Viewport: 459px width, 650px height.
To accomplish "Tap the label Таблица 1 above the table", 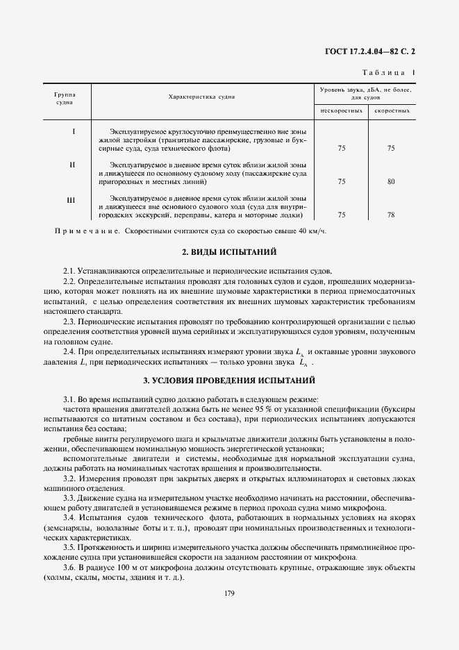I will click(389, 73).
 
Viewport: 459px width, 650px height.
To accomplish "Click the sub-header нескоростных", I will click(341, 110).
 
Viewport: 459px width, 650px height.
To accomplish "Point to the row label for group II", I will click(73, 165).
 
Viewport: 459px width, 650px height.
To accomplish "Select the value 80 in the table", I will click(391, 182).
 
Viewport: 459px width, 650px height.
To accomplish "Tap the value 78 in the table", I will click(391, 215).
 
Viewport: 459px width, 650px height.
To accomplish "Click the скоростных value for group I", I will click(391, 148).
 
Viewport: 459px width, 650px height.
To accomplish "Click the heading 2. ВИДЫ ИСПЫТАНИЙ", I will click(229, 251).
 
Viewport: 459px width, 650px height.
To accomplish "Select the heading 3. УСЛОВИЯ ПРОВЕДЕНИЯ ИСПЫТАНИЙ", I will click(229, 381).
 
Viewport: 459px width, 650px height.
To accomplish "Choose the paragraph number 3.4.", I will click(69, 517).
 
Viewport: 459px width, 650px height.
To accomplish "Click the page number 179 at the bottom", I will click(229, 593).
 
